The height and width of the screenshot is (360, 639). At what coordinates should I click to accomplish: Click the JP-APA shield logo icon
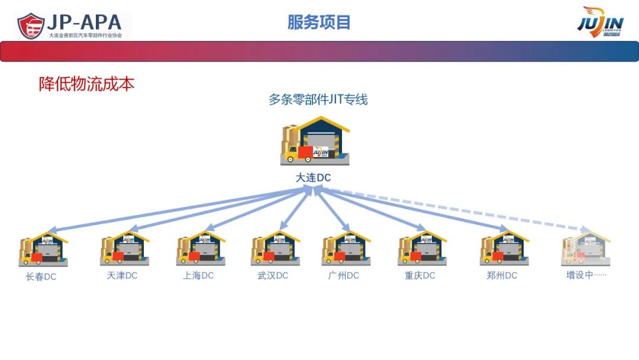coord(31,25)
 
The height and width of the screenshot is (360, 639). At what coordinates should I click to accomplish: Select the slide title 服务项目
coord(319,22)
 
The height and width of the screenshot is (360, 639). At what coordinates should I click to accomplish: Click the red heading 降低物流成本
coord(87,84)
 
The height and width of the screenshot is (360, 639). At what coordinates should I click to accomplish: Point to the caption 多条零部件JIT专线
coord(318,99)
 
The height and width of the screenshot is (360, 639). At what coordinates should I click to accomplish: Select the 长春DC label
coord(41,277)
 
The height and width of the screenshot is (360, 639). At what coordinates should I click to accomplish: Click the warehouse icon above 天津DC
coord(125,249)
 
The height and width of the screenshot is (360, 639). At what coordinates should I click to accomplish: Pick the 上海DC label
coord(198,275)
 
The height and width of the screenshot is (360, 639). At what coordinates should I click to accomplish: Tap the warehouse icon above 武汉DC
coord(275,249)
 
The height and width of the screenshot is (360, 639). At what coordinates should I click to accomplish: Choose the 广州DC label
coord(344,275)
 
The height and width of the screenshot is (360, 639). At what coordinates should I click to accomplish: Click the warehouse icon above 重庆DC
coord(422,249)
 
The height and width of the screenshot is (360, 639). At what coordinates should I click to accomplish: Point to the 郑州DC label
coord(502,275)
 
